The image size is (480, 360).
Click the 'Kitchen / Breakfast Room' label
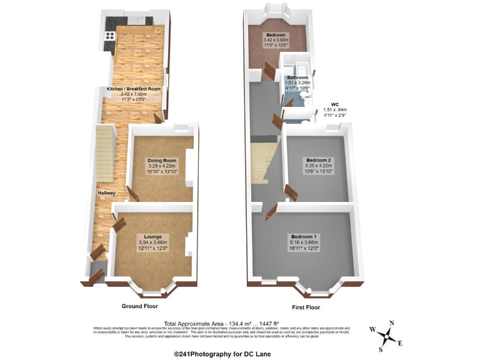point(133,89)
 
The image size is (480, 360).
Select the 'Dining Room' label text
point(158,161)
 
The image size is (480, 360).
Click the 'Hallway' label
point(106,193)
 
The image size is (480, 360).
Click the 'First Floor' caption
point(306,307)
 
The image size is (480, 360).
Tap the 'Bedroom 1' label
point(304,236)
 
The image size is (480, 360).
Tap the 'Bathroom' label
point(297,78)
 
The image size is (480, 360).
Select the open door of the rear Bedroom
point(269,71)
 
